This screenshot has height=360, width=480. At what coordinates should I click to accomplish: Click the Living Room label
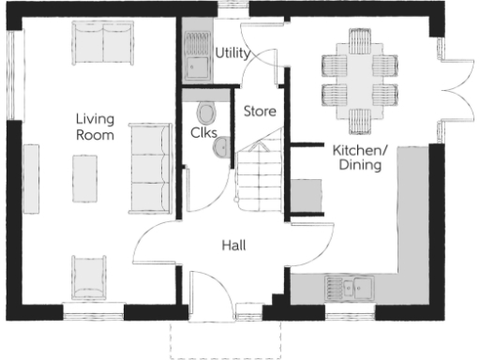[96, 127]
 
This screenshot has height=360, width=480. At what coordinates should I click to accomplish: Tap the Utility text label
[232, 52]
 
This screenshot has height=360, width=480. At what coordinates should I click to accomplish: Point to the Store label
[260, 112]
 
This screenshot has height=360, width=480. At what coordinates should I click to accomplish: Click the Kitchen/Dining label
[360, 157]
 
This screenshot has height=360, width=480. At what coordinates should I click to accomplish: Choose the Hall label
[233, 245]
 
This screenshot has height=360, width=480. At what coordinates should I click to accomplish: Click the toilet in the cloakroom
[205, 112]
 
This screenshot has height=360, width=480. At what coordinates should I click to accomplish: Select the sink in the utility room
[198, 67]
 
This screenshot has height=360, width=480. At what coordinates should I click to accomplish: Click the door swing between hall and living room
[155, 244]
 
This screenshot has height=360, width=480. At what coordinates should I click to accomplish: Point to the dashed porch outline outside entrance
[225, 339]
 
